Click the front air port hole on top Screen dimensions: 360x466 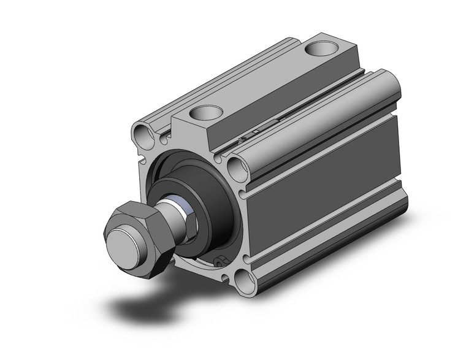(x=205, y=112)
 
